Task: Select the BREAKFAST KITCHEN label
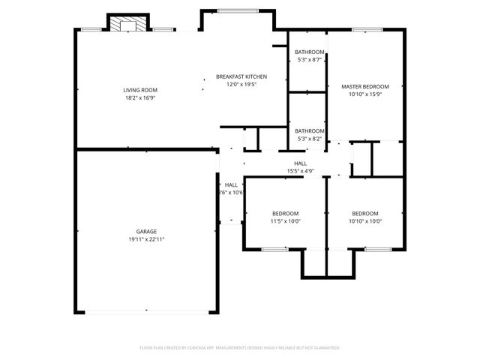[241, 76]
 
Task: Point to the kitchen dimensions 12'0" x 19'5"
[241, 84]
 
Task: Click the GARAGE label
[146, 231]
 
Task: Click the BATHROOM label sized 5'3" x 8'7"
[309, 52]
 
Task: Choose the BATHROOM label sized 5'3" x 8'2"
[309, 130]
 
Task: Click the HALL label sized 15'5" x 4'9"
[300, 163]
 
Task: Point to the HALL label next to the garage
[231, 184]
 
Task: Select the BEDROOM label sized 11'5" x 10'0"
[286, 213]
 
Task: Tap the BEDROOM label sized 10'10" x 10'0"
[365, 213]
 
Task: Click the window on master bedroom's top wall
[365, 30]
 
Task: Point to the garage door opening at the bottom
[146, 312]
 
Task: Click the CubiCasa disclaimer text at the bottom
[240, 348]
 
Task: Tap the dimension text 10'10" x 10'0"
[365, 220]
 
